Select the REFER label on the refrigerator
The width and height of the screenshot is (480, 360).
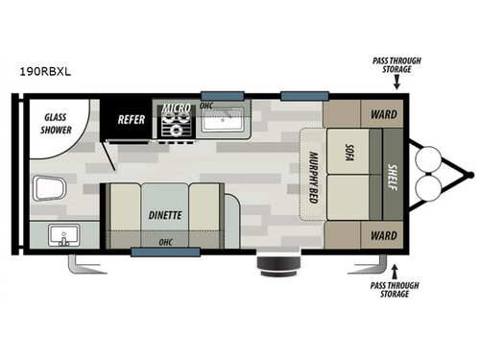pos(131,120)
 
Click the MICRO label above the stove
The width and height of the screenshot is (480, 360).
pos(176,108)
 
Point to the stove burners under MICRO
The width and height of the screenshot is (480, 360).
pos(177,128)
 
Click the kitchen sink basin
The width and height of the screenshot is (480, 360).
pos(225,120)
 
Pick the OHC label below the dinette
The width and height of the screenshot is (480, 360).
pos(165,241)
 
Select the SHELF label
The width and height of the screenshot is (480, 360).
pos(392,179)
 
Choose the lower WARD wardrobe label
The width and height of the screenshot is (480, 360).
pos(383,236)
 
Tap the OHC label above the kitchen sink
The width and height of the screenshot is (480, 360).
pos(206,105)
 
